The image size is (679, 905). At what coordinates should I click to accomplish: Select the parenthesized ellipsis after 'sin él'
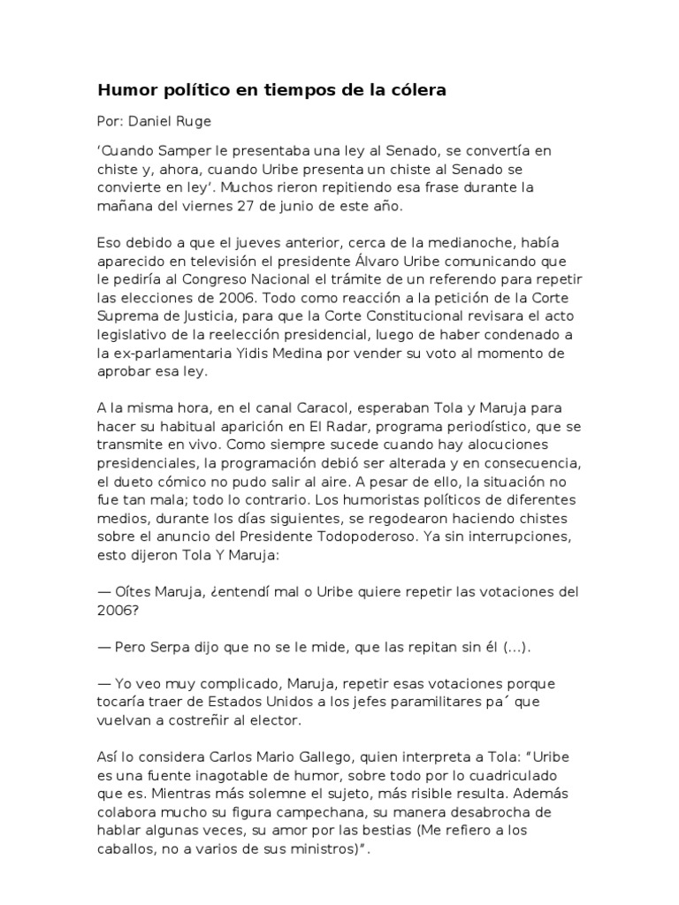517,647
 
